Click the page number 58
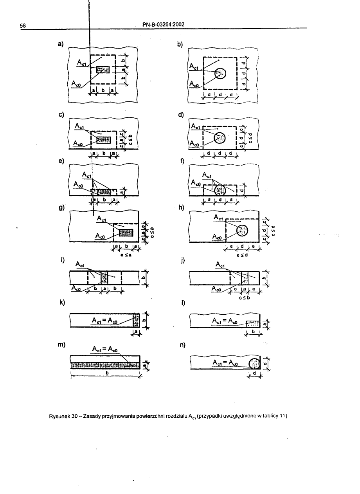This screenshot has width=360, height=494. click(x=23, y=26)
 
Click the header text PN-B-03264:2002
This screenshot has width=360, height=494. click(x=164, y=25)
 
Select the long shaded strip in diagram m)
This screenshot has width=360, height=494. click(x=105, y=365)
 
